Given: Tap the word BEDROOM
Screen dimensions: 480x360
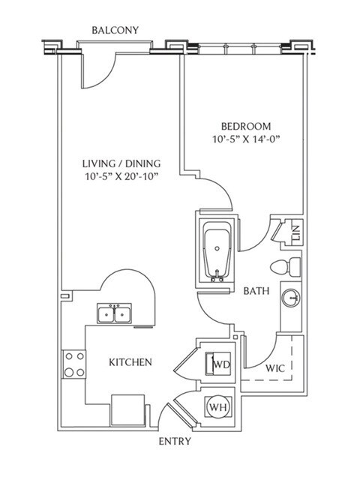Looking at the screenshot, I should point(246,126).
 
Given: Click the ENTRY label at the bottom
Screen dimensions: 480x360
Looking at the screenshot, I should point(173,441).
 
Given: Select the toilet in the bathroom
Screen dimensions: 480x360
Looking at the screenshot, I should point(286,265).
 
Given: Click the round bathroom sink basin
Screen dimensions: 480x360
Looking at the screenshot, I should point(291,299).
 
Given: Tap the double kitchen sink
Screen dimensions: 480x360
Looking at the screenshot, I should point(115,313).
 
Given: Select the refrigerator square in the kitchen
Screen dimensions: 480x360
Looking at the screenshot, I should point(126,409).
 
